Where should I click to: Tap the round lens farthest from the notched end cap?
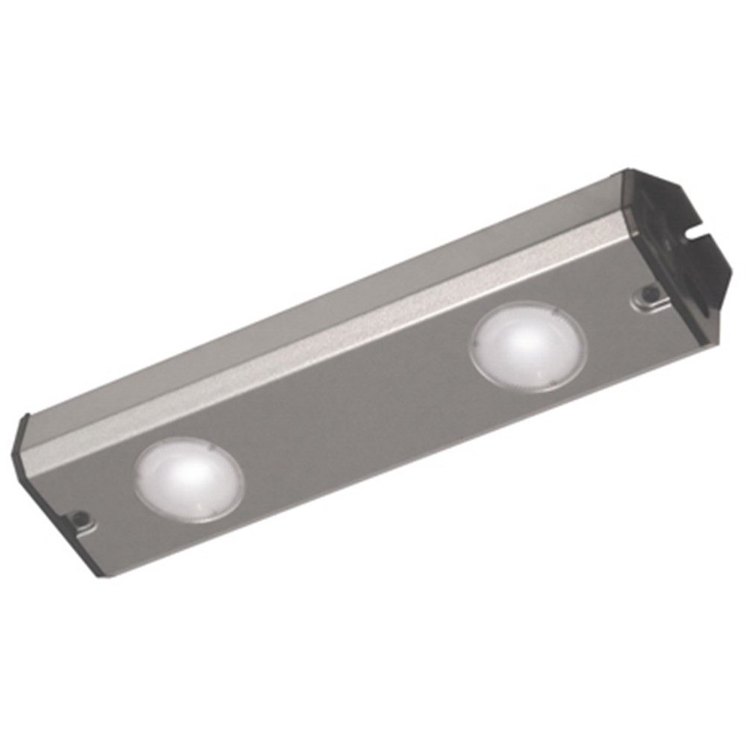point(189,478)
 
